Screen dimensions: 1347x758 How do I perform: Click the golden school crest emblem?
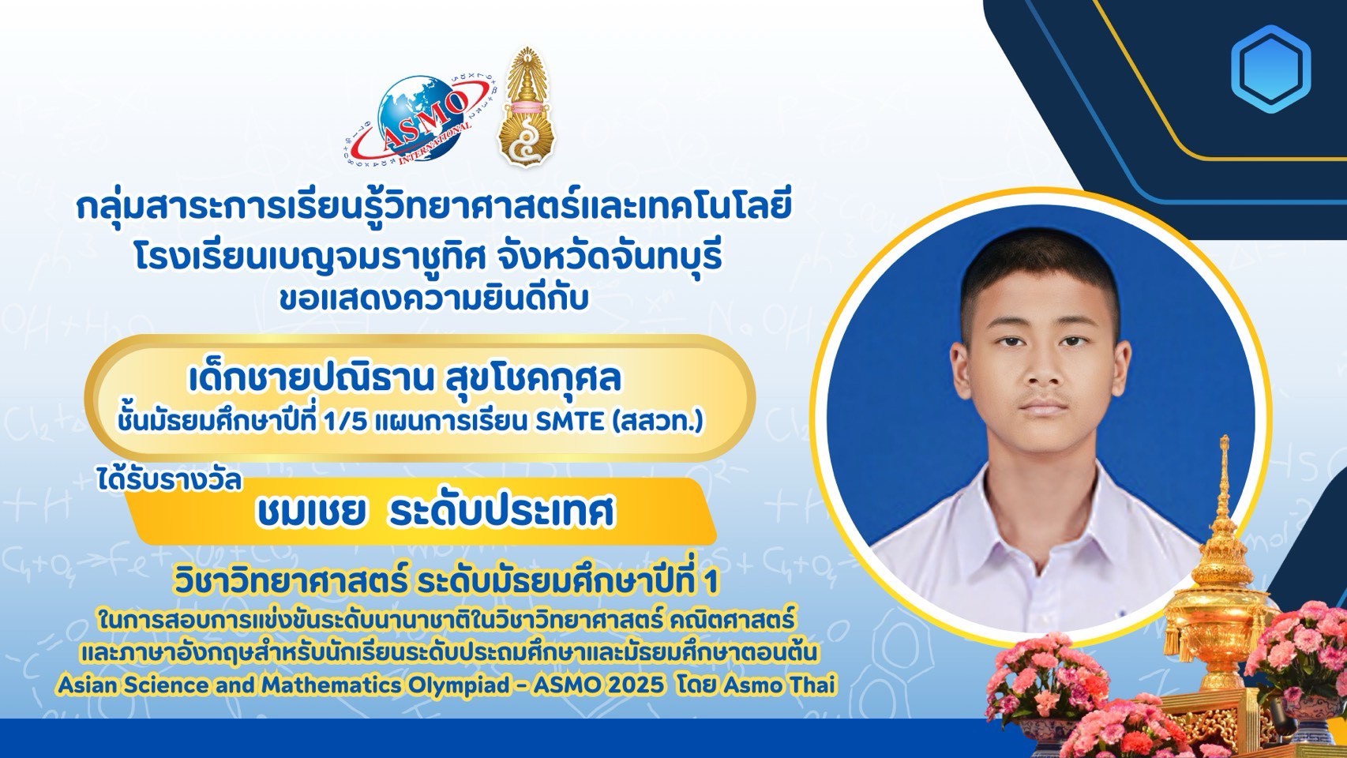(527, 107)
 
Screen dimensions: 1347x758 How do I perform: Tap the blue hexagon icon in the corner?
(1270, 69)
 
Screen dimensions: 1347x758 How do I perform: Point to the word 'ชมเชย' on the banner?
(311, 512)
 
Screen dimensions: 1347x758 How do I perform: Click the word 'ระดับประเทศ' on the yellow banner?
(501, 512)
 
